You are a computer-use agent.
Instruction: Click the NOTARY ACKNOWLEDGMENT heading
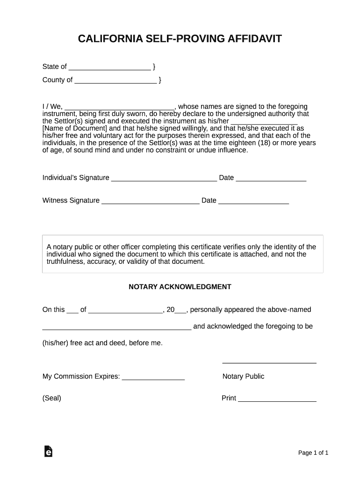point(180,287)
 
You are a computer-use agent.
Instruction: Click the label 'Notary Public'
point(243,377)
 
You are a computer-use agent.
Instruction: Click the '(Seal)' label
point(52,399)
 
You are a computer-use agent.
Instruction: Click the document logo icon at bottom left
point(48,451)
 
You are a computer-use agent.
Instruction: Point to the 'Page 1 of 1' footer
point(313,453)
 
